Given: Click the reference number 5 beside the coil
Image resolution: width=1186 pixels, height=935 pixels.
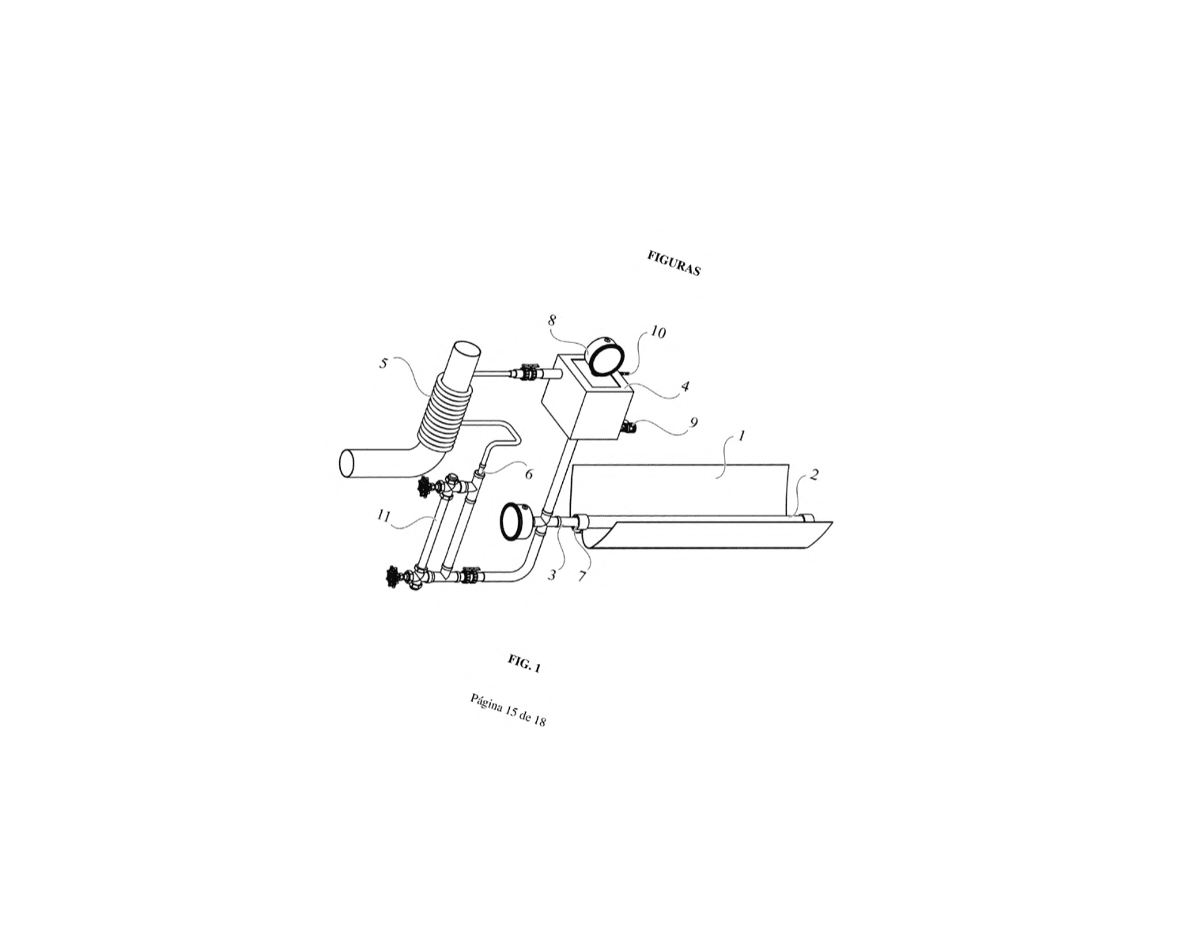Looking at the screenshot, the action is (383, 364).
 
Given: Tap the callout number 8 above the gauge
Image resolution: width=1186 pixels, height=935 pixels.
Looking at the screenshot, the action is (552, 320).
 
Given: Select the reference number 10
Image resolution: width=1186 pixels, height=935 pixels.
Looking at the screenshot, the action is (658, 332).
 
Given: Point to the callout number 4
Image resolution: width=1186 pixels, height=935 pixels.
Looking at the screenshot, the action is (685, 386).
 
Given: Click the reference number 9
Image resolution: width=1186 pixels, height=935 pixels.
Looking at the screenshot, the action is (694, 422).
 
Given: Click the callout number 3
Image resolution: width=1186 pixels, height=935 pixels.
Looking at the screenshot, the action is (552, 575).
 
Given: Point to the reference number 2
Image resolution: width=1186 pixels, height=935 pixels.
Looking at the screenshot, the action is (814, 474).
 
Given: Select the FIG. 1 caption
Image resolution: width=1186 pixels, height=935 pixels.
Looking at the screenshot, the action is (524, 664).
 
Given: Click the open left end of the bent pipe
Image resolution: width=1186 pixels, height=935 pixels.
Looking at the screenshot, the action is (346, 464).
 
